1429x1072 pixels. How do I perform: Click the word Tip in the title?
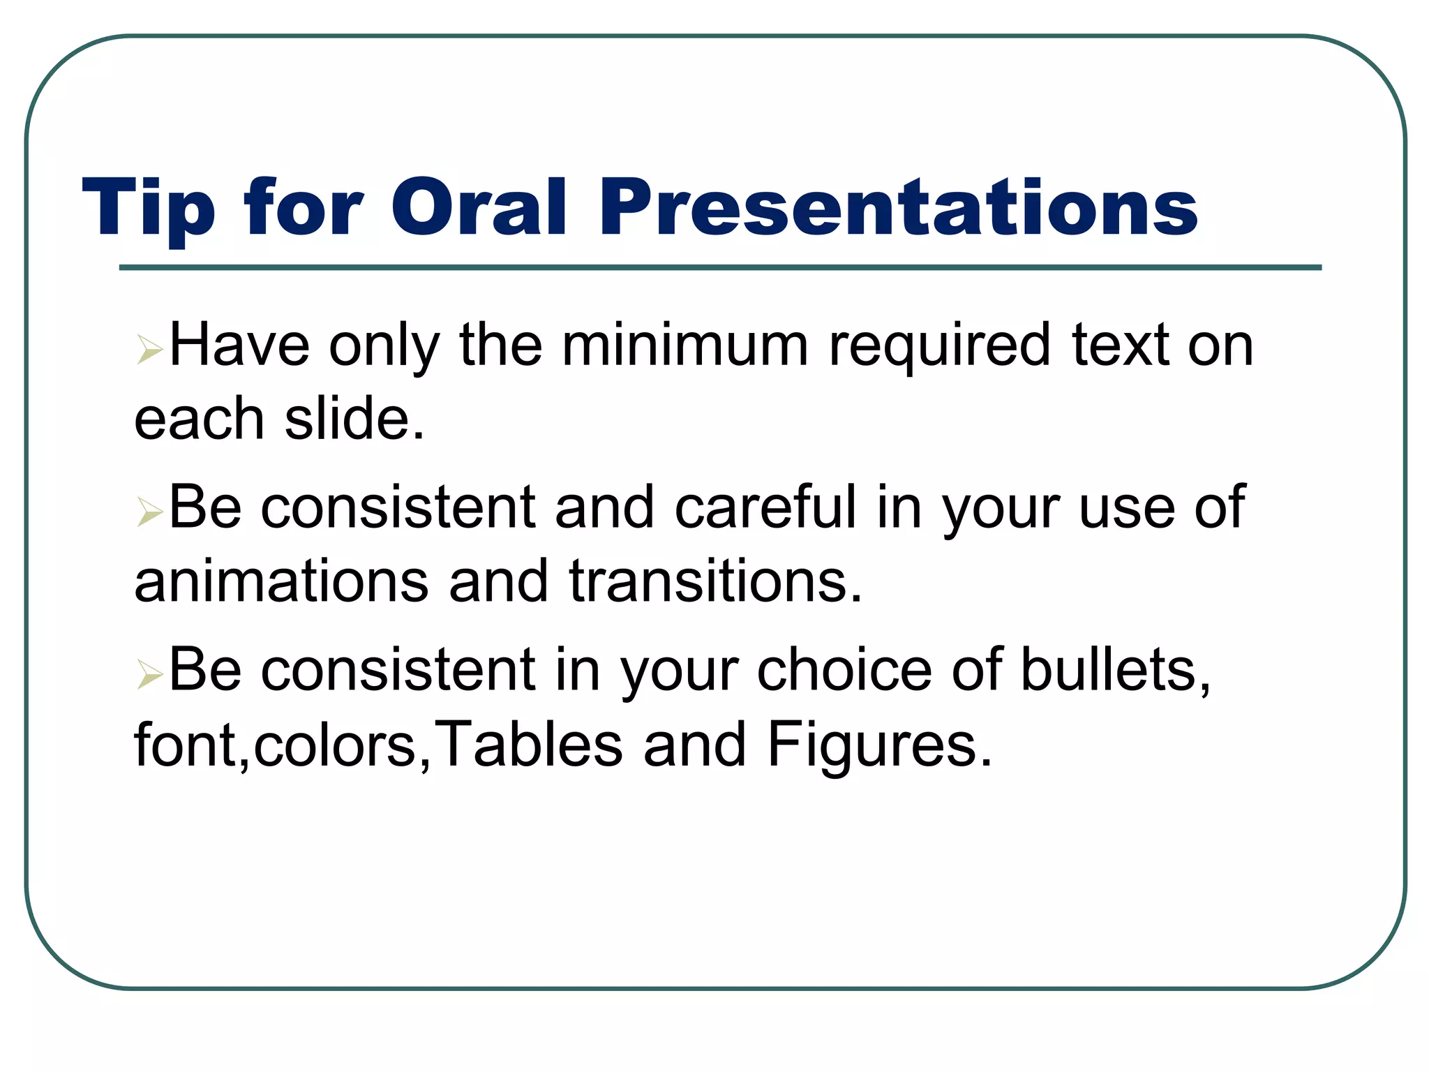click(149, 208)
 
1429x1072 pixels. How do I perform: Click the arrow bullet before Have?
click(149, 349)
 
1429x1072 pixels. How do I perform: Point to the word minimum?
click(684, 345)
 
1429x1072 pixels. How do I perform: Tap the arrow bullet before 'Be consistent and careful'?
click(149, 512)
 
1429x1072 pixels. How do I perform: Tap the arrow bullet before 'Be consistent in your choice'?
click(149, 674)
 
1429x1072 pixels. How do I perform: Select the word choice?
click(844, 670)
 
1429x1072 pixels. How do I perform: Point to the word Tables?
click(530, 745)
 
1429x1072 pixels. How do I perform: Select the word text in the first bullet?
click(1120, 345)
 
